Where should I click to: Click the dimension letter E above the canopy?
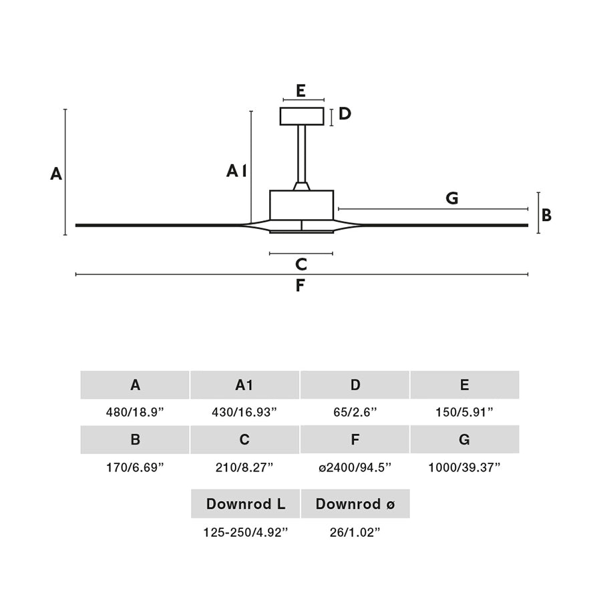tap(301, 91)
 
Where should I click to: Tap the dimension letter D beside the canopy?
tap(345, 114)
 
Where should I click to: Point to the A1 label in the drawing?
tap(236, 171)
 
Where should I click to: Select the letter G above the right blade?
tap(452, 198)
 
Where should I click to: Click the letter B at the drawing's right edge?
tap(546, 215)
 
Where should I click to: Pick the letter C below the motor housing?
tap(301, 264)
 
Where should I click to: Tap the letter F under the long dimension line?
tap(300, 286)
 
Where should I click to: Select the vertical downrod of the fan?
tap(302, 154)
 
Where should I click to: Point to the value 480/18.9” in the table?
tap(135, 413)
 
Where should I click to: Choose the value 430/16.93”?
tap(244, 413)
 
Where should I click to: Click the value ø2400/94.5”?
tap(355, 467)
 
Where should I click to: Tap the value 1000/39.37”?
tap(464, 467)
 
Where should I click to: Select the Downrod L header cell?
tap(245, 504)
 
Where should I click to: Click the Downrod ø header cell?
tap(355, 504)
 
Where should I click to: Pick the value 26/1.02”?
tap(355, 532)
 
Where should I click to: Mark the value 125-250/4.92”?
tap(245, 532)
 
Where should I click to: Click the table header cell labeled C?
tap(244, 439)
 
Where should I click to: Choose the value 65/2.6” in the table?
tap(355, 413)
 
